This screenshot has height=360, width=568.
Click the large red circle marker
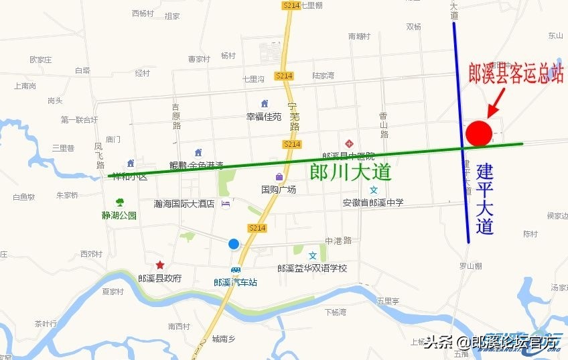pyautogui.click(x=480, y=133)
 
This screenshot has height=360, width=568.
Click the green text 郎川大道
pyautogui.click(x=350, y=172)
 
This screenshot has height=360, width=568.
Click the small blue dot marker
pyautogui.click(x=233, y=244)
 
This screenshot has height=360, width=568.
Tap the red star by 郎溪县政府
pyautogui.click(x=159, y=265)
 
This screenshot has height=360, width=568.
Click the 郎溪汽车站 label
pyautogui.click(x=235, y=282)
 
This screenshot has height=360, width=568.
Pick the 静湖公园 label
pyautogui.click(x=119, y=215)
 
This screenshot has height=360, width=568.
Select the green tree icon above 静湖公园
pyautogui.click(x=120, y=202)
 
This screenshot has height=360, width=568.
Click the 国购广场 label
pyautogui.click(x=279, y=189)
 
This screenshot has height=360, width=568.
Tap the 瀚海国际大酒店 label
pyautogui.click(x=184, y=204)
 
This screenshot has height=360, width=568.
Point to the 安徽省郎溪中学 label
pyautogui.click(x=373, y=202)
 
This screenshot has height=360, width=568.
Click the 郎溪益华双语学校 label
pyautogui.click(x=312, y=268)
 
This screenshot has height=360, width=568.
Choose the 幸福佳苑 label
pyautogui.click(x=264, y=116)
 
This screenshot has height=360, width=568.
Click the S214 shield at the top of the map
pyautogui.click(x=291, y=5)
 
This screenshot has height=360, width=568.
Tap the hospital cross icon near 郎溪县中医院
pyautogui.click(x=348, y=144)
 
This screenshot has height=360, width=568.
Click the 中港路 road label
pyautogui.click(x=338, y=240)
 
